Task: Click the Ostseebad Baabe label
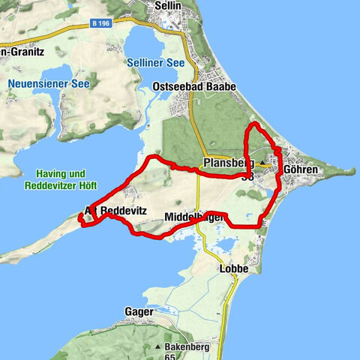click(203, 86)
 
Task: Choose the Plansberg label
click(226, 163)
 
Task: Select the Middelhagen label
click(195, 217)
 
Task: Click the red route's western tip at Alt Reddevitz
click(79, 218)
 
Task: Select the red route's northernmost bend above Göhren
click(255, 123)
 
